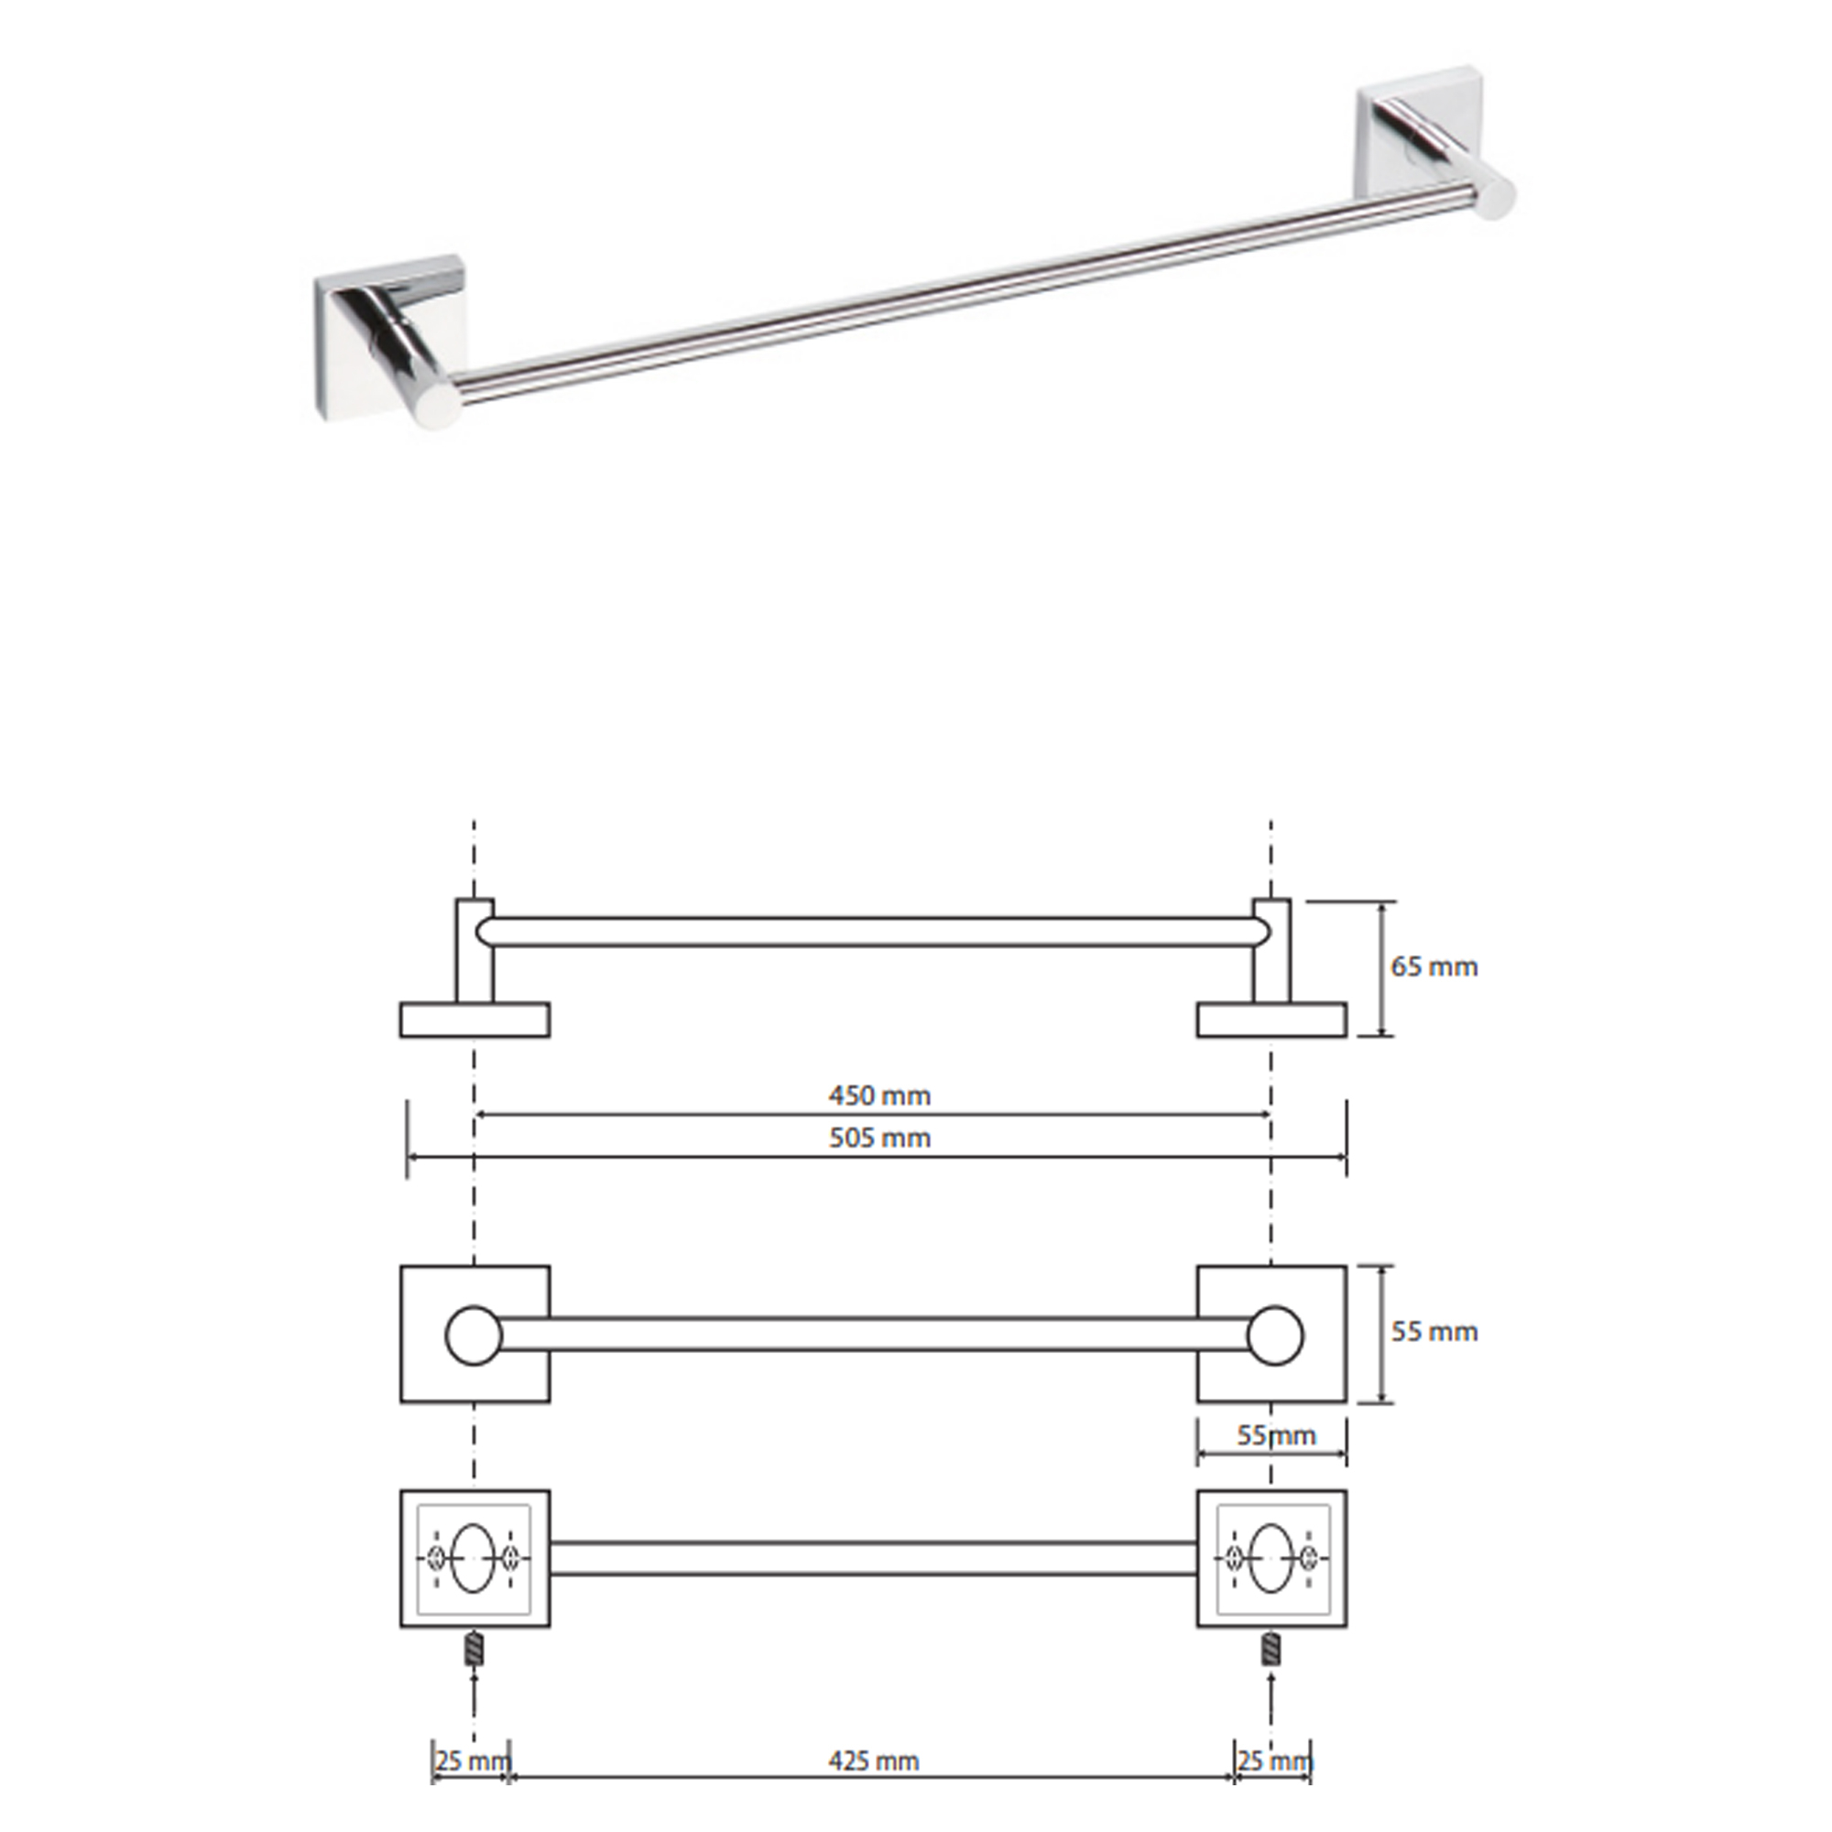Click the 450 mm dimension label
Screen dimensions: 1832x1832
pyautogui.click(x=879, y=1096)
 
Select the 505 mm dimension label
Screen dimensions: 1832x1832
pyautogui.click(x=879, y=1138)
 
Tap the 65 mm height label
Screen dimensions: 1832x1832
pyautogui.click(x=1434, y=966)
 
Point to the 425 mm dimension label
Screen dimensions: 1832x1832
pyautogui.click(x=873, y=1761)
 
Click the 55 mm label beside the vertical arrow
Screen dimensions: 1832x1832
pyautogui.click(x=1434, y=1331)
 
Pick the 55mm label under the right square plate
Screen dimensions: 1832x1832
pyautogui.click(x=1276, y=1435)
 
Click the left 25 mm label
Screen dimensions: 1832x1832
pyautogui.click(x=474, y=1761)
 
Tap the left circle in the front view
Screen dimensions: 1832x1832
pyautogui.click(x=474, y=1336)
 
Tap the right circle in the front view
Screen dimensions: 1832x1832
pyautogui.click(x=1274, y=1336)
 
